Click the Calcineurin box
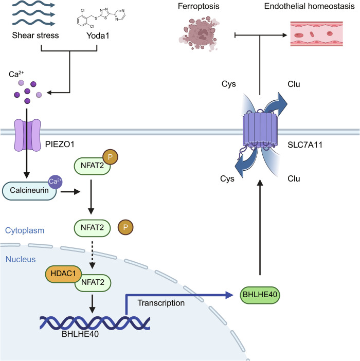point(29,191)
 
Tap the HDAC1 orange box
point(63,274)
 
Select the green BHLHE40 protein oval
point(260,295)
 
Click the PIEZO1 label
point(60,145)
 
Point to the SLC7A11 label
point(305,145)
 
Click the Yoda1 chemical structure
point(101,17)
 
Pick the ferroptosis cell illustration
point(199,33)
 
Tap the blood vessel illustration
point(316,34)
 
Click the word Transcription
point(161,303)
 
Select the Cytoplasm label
point(25,230)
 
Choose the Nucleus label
point(21,260)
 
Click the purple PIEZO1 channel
point(27,135)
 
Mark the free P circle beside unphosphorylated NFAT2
point(125,227)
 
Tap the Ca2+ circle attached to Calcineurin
point(55,182)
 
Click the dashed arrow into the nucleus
point(92,255)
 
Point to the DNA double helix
point(95,323)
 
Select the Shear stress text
point(35,35)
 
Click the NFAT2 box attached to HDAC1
point(93,283)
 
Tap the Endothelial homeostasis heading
point(310,6)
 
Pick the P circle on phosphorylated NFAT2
point(110,157)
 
